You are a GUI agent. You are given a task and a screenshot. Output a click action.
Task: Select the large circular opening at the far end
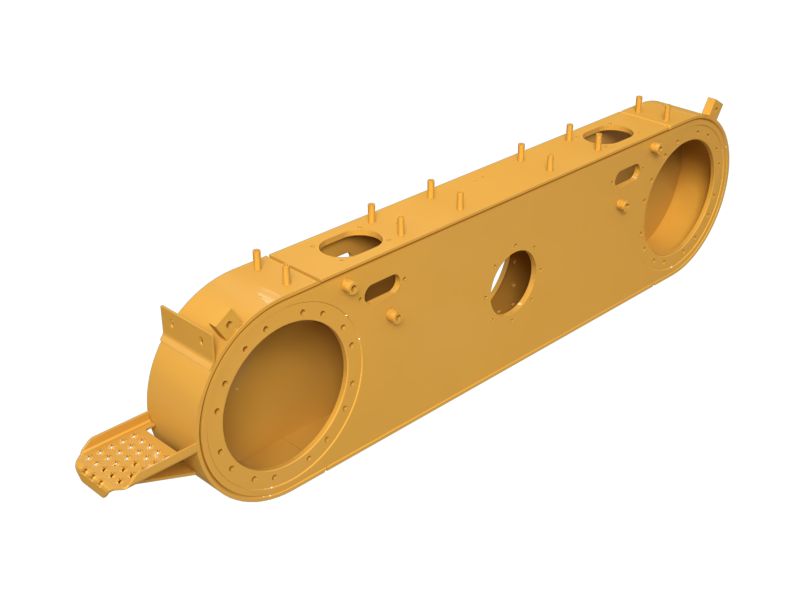coord(683,195)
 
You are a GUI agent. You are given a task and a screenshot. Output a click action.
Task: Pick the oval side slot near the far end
coord(628,176)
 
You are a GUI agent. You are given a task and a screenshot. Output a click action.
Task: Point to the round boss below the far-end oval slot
coord(622,204)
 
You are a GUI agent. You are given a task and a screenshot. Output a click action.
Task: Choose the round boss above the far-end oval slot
coord(655,148)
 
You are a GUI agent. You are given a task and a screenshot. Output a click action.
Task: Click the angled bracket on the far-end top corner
coord(711,107)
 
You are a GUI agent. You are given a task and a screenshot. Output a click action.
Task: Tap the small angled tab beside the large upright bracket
coord(222,323)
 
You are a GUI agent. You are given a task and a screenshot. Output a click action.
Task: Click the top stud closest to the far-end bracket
coord(638,103)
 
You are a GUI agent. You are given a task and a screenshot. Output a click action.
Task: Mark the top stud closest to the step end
coord(257,257)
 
